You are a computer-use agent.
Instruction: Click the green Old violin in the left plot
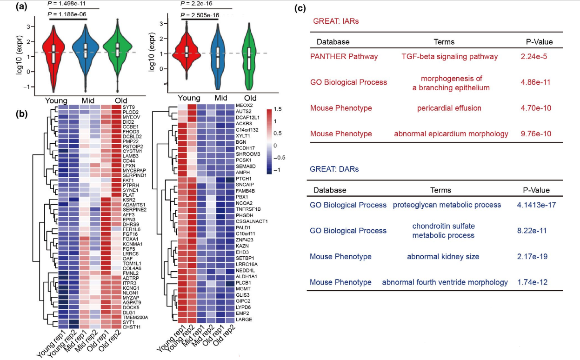click(x=118, y=52)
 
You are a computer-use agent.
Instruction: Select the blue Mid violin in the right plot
click(x=218, y=57)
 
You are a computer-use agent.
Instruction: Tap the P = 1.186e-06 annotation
click(x=67, y=14)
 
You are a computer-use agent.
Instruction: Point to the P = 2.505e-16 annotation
click(x=200, y=15)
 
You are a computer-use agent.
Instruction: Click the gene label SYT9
click(x=129, y=107)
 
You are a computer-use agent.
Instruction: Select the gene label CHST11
click(x=132, y=327)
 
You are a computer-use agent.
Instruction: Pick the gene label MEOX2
click(x=244, y=106)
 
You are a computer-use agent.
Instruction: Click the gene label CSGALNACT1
click(x=252, y=221)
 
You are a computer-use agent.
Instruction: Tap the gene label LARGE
click(x=244, y=320)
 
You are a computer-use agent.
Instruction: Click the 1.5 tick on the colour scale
click(x=278, y=109)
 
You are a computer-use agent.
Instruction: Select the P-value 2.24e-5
click(x=533, y=56)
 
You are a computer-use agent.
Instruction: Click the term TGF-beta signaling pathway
click(x=449, y=56)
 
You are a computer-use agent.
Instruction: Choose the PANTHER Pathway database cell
click(x=344, y=56)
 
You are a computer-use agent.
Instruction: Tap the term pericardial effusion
click(x=449, y=108)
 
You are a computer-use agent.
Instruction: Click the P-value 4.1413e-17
click(x=536, y=205)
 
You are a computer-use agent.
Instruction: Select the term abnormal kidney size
click(x=443, y=256)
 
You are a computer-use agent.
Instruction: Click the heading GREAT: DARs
click(x=334, y=169)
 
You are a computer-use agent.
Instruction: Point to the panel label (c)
click(x=300, y=8)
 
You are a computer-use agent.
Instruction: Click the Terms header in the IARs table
click(x=444, y=42)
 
